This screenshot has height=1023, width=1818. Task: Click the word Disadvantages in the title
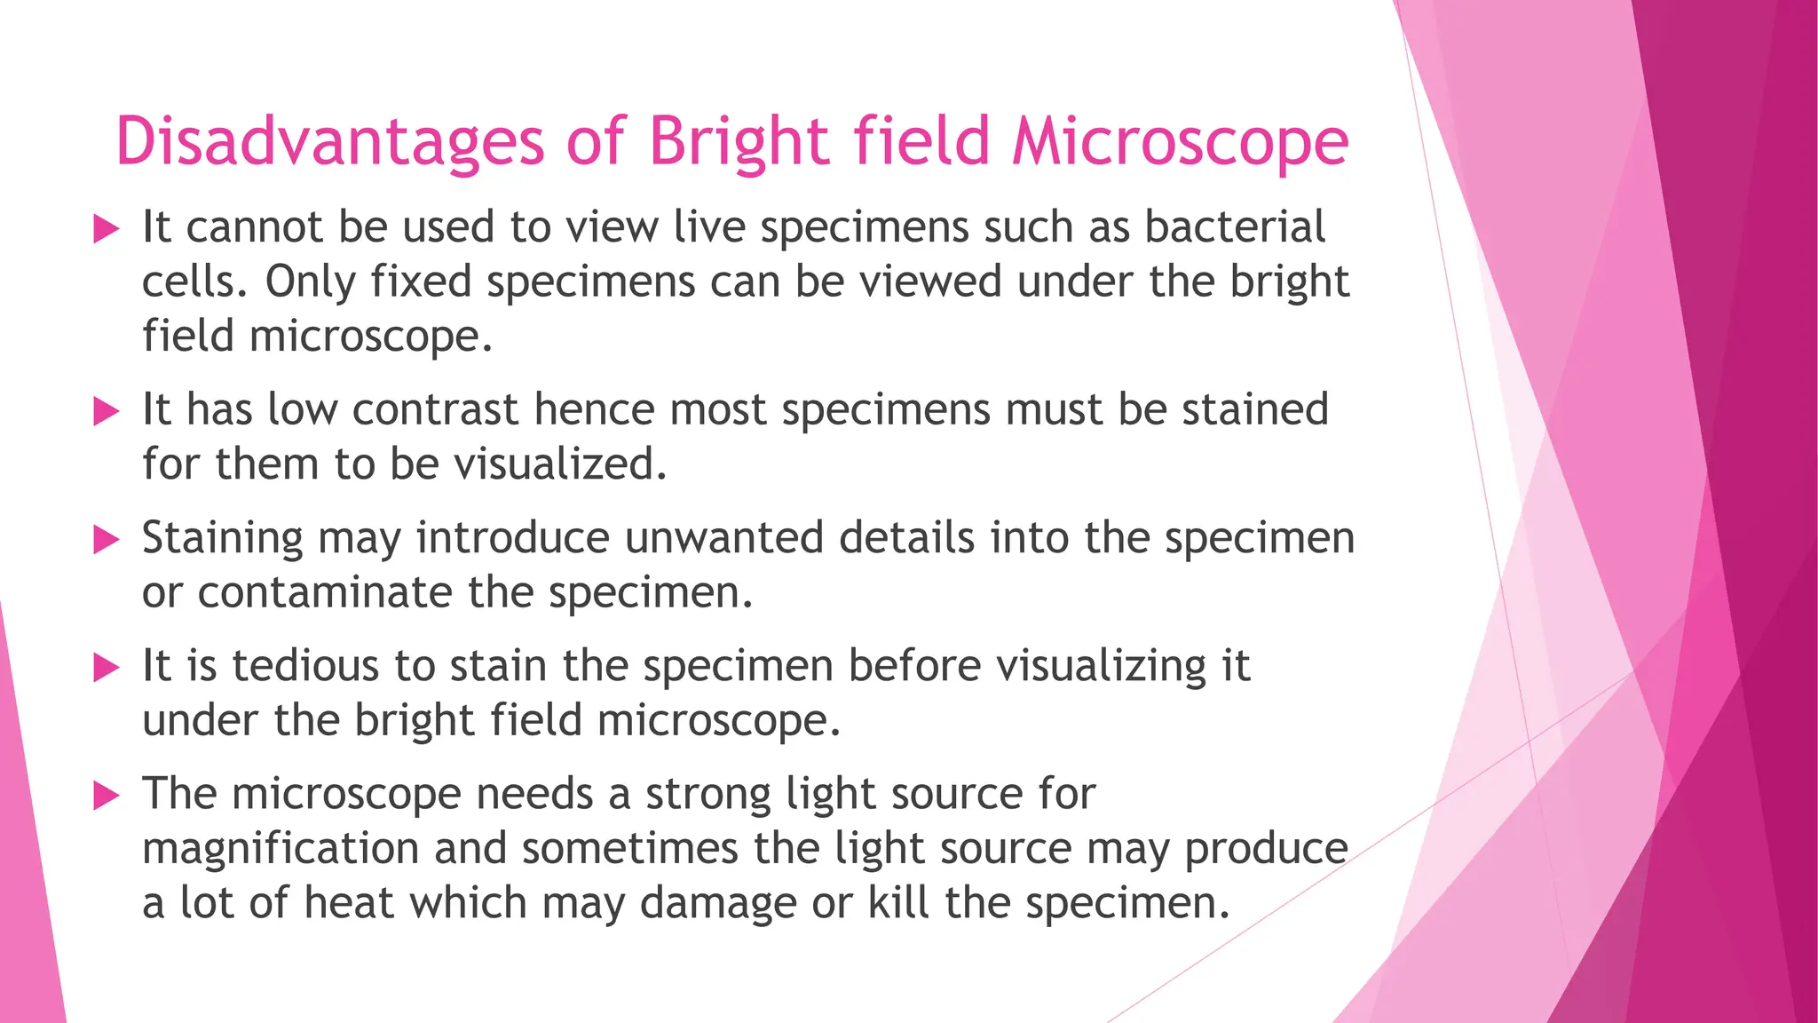click(329, 142)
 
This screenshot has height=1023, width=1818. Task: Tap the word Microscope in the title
click(1181, 142)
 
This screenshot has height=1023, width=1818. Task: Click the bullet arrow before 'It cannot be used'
click(106, 230)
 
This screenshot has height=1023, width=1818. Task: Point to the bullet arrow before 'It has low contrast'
click(106, 412)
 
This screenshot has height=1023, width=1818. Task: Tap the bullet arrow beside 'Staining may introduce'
click(106, 540)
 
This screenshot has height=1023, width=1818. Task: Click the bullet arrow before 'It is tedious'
click(106, 668)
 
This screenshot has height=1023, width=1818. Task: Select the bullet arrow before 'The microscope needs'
click(106, 796)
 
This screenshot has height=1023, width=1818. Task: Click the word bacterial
click(1235, 227)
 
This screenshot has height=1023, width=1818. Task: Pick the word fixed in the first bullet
click(421, 282)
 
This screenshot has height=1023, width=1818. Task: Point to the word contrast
click(435, 410)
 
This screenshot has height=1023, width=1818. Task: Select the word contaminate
click(324, 592)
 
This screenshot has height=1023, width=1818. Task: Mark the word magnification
click(281, 849)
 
